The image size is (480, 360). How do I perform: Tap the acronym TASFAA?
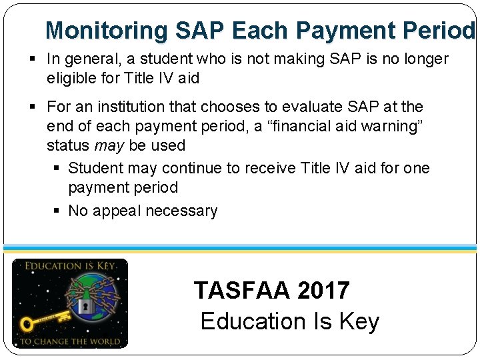coord(243,291)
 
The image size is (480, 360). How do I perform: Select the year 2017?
coord(323,291)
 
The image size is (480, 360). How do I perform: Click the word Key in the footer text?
coord(359,321)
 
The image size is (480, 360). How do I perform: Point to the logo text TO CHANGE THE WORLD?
coord(69,341)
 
